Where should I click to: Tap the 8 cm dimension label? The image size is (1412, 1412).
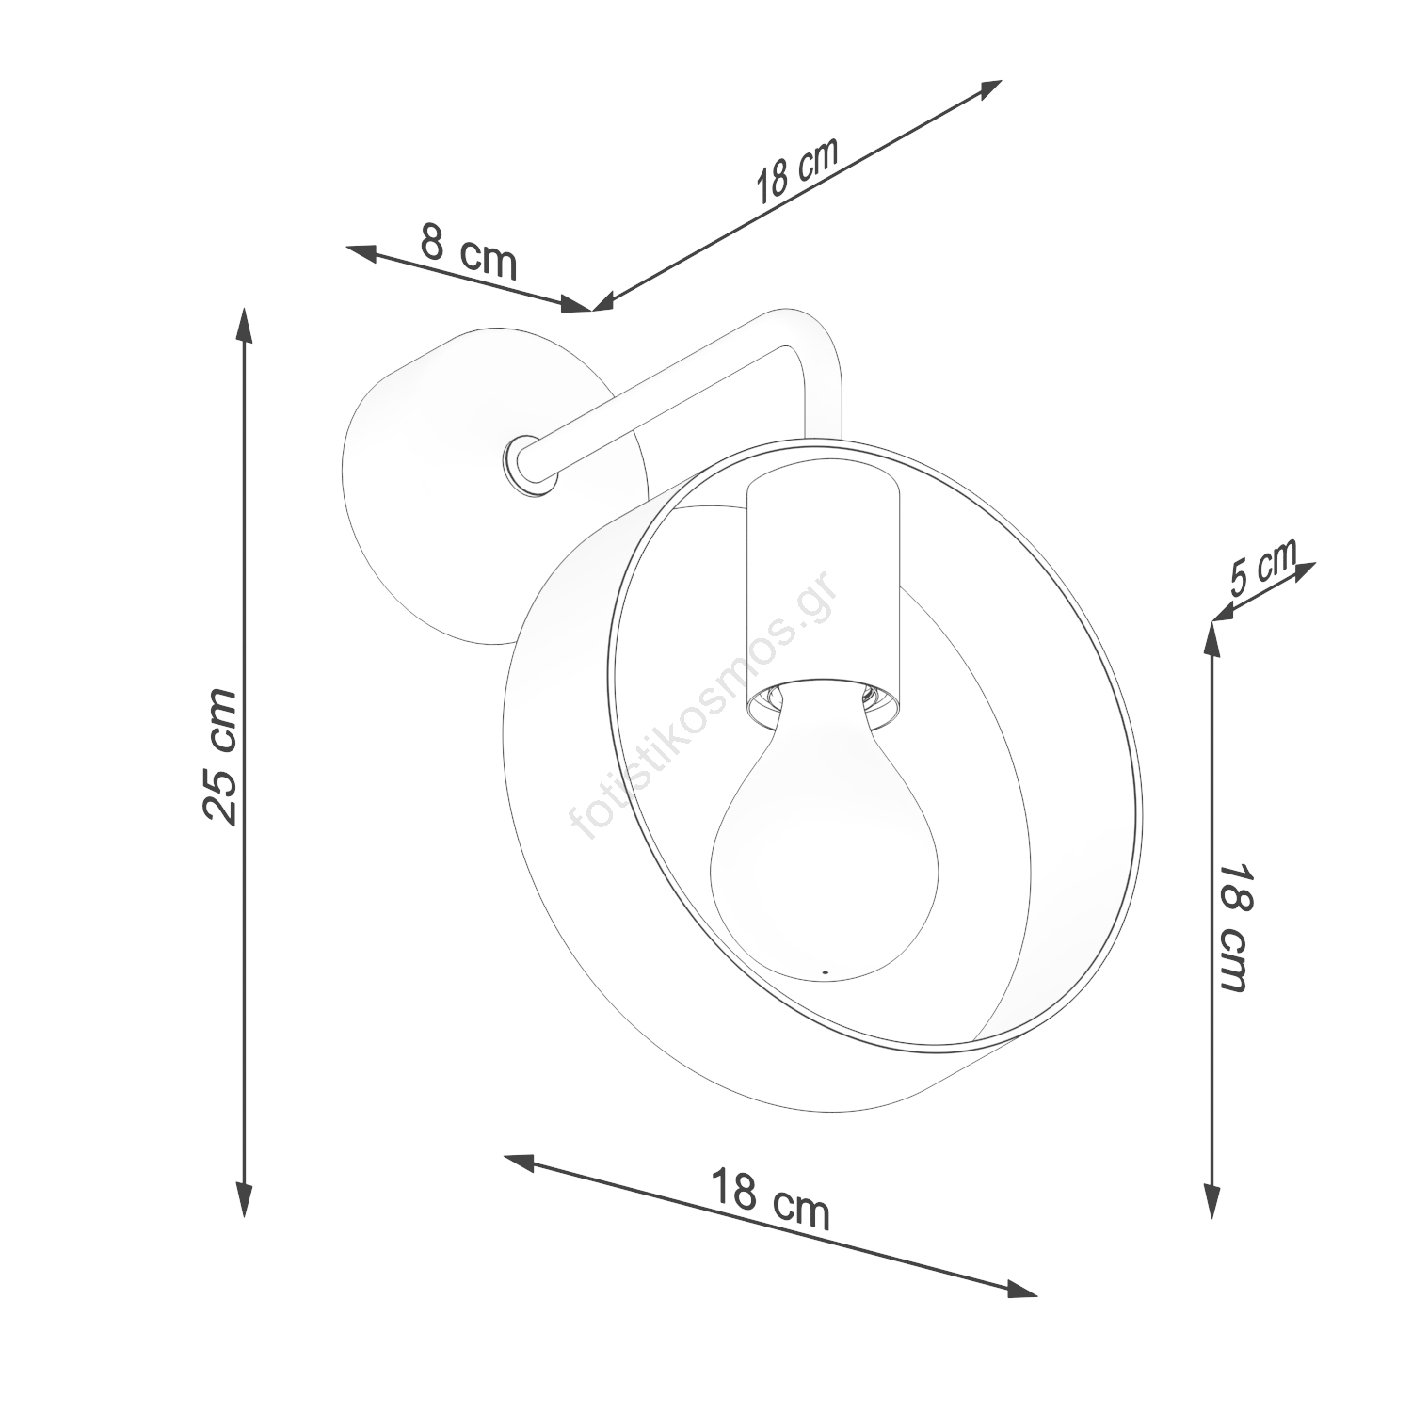click(x=469, y=250)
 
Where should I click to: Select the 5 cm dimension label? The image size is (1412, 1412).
click(x=1263, y=568)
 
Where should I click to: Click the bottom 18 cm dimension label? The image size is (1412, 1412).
click(x=769, y=1200)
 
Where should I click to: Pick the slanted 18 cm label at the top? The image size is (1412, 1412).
click(x=795, y=171)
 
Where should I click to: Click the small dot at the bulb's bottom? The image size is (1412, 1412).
click(x=825, y=971)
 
